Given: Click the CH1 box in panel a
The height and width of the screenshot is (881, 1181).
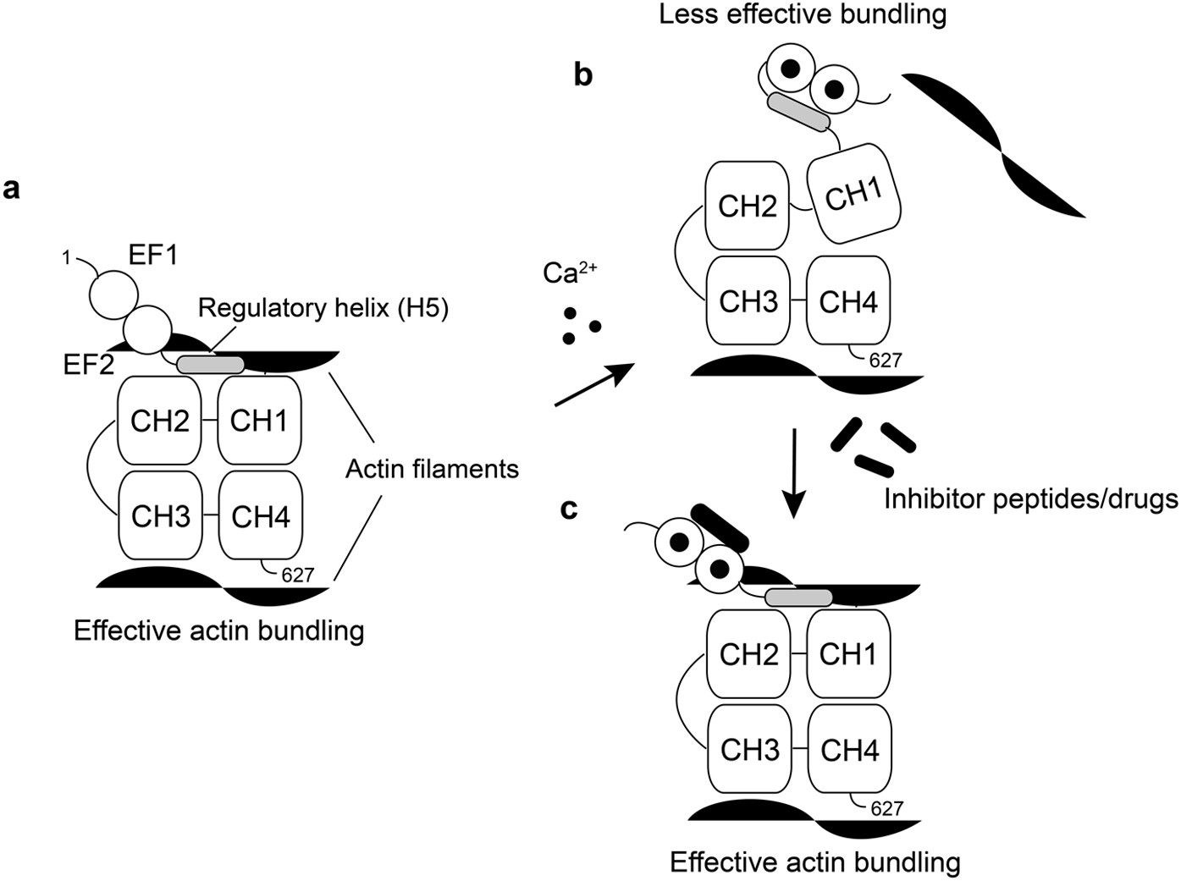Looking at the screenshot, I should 259,420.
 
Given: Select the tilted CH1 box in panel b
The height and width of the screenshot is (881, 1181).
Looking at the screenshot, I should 853,195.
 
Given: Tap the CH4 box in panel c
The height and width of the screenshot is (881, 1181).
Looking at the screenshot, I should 849,750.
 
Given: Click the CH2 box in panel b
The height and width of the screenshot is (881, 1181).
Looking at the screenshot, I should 747,206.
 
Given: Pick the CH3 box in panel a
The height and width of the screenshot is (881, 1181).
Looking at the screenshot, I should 160,515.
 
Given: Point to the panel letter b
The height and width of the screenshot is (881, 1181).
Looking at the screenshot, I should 583,74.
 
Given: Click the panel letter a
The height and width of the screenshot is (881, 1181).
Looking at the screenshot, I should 11,187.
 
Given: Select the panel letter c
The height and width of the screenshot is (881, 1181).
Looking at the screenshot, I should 569,508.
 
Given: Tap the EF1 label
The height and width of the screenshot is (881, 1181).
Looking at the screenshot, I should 153,255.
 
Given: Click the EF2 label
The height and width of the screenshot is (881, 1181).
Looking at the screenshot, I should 88,365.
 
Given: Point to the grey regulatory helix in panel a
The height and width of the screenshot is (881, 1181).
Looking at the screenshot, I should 210,365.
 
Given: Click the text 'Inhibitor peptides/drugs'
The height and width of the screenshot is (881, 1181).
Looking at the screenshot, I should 1030,499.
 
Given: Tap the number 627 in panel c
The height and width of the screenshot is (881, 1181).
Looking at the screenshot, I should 886,808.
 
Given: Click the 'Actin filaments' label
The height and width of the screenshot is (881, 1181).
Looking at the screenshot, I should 432,468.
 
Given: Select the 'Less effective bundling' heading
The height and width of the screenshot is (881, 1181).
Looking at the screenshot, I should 802,14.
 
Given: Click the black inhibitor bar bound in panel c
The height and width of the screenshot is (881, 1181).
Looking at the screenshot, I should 720,526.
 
